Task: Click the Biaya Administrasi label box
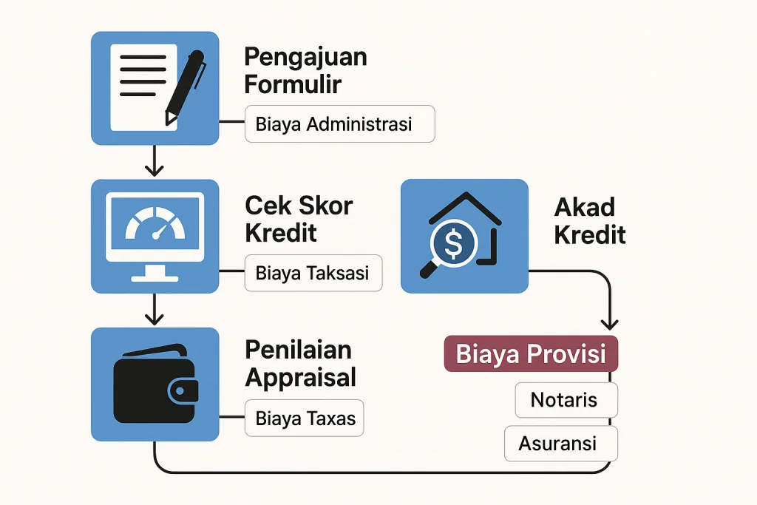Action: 339,124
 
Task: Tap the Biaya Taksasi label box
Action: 313,273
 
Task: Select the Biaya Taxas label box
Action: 305,419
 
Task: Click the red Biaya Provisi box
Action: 530,354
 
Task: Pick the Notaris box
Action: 563,400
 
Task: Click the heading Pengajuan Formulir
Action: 305,70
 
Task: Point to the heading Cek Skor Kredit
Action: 299,219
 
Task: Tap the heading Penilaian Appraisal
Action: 300,364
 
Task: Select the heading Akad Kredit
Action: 589,220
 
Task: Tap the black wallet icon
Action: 156,384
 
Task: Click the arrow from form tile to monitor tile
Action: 154,161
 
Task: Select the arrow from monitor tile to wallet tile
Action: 154,309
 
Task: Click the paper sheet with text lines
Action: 140,86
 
